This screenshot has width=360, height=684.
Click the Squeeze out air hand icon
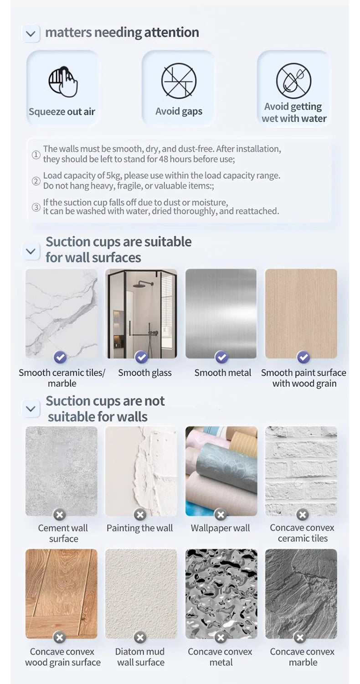[63, 82]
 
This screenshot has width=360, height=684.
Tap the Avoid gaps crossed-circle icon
[179, 81]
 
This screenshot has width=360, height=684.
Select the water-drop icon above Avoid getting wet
[293, 81]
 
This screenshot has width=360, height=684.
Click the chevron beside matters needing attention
[31, 33]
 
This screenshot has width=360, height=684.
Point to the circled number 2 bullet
[36, 181]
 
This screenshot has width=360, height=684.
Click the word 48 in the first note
[164, 159]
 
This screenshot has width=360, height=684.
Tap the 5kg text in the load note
[113, 176]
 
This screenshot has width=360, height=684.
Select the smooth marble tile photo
[62, 313]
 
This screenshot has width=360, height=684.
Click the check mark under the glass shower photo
[142, 357]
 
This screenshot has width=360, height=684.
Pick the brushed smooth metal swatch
[221, 313]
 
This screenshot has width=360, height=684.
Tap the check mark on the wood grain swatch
[303, 357]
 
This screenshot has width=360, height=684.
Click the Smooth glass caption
[144, 373]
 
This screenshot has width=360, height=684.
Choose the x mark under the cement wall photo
[59, 515]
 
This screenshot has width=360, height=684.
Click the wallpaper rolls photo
[221, 471]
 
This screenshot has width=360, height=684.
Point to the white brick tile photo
[301, 471]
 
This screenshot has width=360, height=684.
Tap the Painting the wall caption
[139, 528]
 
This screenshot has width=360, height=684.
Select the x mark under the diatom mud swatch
[140, 637]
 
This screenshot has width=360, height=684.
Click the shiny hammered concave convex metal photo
[221, 593]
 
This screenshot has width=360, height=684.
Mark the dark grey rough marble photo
[301, 593]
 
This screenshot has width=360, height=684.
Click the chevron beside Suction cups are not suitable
[31, 409]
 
